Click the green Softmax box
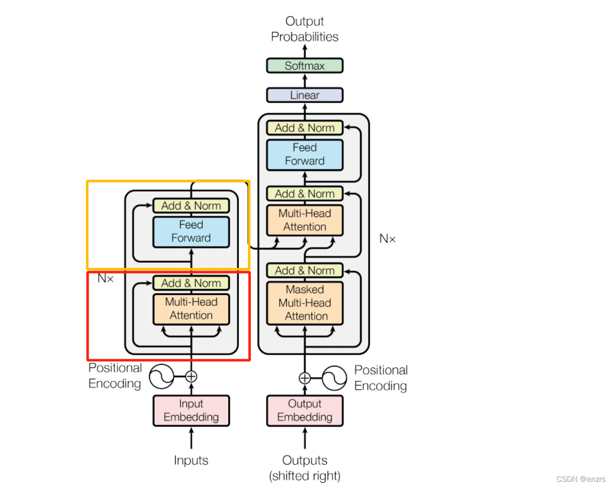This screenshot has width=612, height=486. pos(304,66)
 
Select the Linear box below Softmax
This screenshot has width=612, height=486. pos(304,95)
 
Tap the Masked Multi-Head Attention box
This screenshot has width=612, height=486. pos(304,303)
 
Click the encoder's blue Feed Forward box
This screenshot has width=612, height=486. pos(191,232)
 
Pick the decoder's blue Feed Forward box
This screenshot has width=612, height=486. pos(304,155)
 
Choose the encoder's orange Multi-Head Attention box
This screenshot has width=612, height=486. pos(191,309)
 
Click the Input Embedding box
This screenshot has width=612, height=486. pos(191,410)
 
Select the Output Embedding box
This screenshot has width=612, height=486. pos(304,410)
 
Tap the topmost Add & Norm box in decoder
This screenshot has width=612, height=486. pos(304,128)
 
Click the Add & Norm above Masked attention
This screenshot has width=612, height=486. pos(304,271)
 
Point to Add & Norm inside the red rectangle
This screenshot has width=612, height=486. pos(191,283)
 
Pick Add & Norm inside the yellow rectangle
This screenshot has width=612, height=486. pos(191,206)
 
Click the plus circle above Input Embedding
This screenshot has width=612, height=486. pos(191,377)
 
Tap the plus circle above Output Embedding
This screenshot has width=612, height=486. pos(304,378)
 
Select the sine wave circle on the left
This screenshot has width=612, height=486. pos(162,376)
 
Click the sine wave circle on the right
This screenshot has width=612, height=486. pos(334,378)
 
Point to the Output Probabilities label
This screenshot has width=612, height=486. pos(304,29)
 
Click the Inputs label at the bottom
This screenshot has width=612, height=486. pos(191,460)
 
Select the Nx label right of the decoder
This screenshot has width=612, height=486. pos(387,239)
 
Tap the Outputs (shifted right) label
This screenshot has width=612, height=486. pos(304,468)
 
